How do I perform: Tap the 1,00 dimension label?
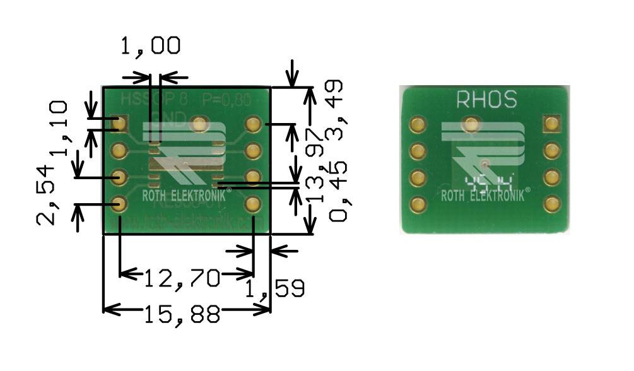point(150,45)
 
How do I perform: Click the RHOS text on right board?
point(486,99)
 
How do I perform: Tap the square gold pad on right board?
point(552,124)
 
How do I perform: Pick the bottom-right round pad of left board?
point(253,204)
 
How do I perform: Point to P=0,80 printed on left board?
point(226,99)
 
